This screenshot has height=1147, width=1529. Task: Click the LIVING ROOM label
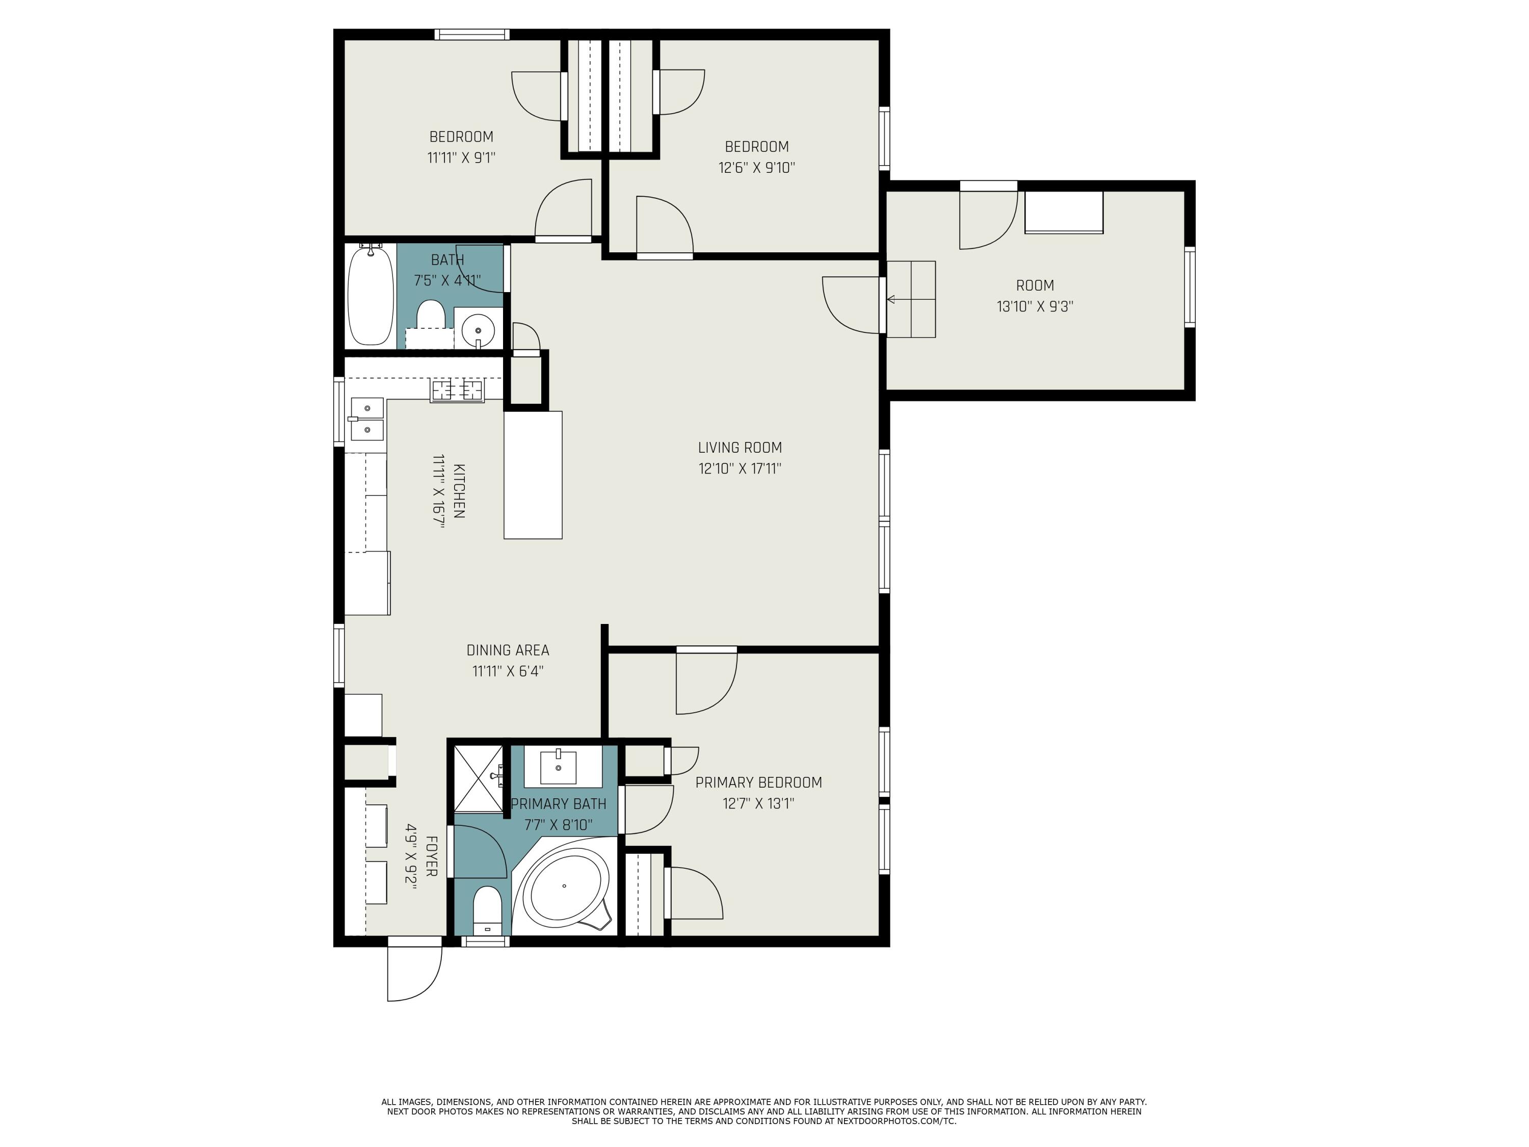click(740, 447)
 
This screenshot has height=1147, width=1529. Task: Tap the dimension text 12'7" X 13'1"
click(758, 803)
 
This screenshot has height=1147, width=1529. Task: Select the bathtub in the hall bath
click(371, 296)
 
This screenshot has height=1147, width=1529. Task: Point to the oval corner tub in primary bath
click(565, 885)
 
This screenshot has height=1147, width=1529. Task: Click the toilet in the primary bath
click(487, 908)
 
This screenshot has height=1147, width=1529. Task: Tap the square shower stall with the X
click(479, 778)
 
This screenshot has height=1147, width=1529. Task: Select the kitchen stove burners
click(457, 390)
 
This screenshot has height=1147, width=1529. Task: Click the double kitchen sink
click(367, 419)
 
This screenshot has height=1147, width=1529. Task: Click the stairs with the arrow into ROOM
click(911, 299)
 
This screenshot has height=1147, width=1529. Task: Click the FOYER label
click(431, 856)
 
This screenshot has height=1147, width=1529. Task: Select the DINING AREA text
click(507, 650)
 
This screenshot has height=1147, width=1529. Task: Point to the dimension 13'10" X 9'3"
click(1034, 306)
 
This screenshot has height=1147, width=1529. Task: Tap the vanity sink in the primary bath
click(558, 766)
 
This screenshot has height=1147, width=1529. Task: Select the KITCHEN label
click(458, 490)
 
